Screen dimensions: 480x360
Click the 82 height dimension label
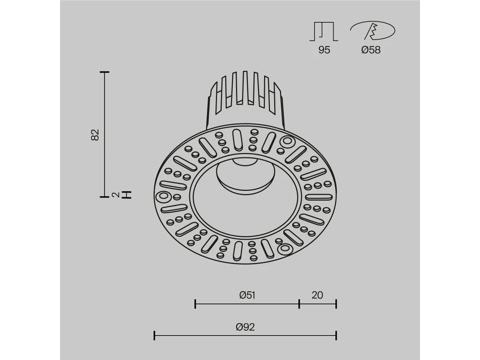pyautogui.click(x=95, y=135)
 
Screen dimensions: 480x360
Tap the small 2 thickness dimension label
pyautogui.click(x=115, y=195)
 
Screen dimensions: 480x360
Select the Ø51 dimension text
pyautogui.click(x=247, y=295)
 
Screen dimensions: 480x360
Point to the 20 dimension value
pyautogui.click(x=317, y=295)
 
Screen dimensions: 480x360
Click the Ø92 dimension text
pyautogui.click(x=245, y=327)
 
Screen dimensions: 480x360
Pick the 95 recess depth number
pyautogui.click(x=324, y=50)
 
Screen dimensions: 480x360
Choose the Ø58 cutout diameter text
pyautogui.click(x=371, y=50)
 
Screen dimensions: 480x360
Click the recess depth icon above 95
pyautogui.click(x=324, y=32)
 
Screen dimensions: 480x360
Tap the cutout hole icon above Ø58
pyautogui.click(x=373, y=31)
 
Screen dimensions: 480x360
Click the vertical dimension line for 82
pyautogui.click(x=104, y=134)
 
